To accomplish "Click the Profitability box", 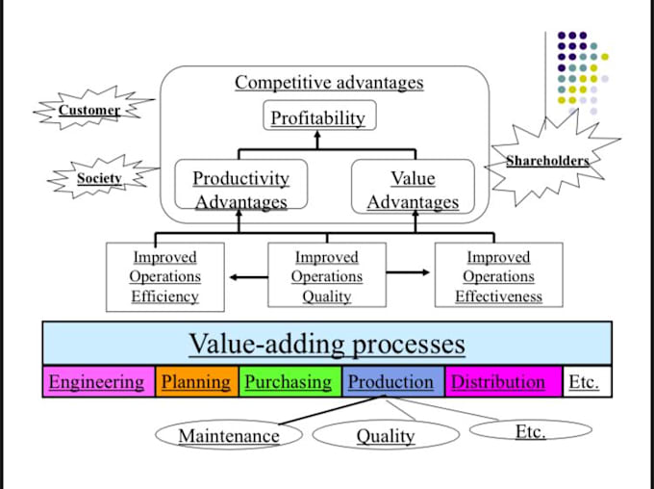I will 318,117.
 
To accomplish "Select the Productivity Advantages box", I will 240,189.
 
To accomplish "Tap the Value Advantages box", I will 413,189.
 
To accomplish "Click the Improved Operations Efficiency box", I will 164,276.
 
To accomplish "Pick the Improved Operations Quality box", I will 327,276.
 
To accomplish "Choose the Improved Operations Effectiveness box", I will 498,276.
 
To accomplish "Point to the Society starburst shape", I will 99,178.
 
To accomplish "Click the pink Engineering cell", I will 96,382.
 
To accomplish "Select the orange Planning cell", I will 195,382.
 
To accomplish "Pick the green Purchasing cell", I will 288,382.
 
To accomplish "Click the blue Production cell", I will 390,382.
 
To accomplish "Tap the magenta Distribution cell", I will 498,382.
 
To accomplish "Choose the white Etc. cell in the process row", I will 585,382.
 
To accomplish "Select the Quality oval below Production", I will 385,436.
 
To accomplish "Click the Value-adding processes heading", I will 327,344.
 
